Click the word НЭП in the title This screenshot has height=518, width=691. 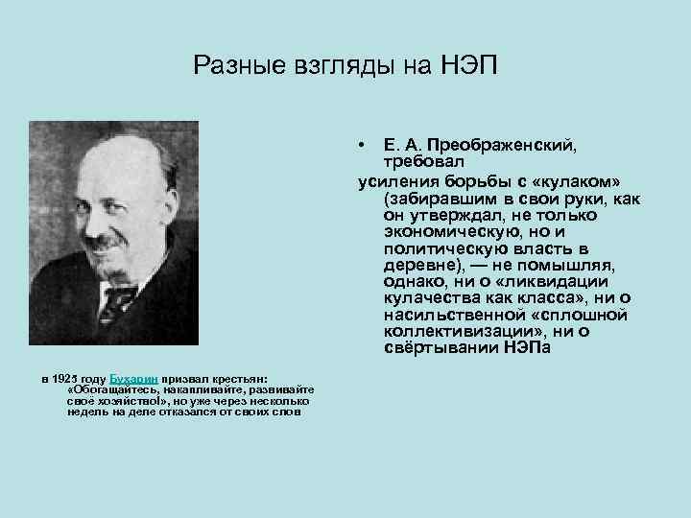pos(471,65)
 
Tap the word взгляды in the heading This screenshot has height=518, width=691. pos(349,66)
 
